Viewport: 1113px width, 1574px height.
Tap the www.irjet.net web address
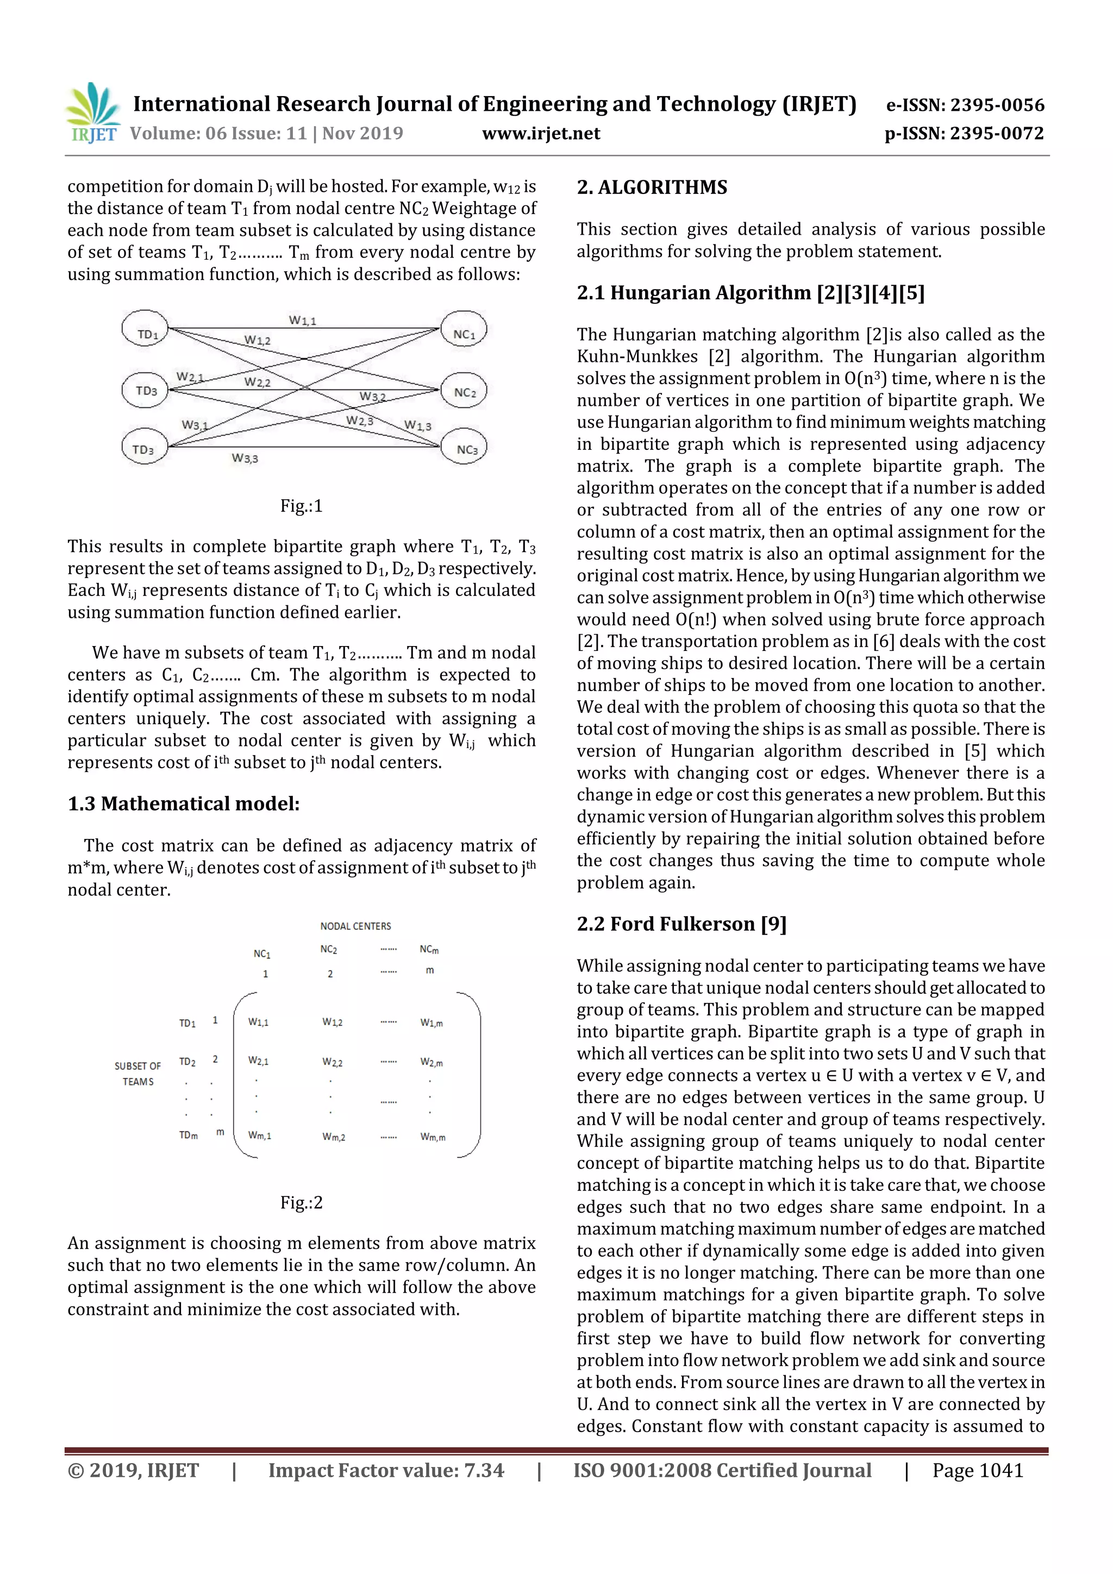click(541, 134)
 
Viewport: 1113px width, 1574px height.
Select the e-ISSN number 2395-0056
click(965, 105)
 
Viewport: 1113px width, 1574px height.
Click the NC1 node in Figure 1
click(464, 333)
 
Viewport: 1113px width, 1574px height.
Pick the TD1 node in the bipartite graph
click(146, 333)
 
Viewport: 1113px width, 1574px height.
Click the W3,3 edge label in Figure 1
click(244, 458)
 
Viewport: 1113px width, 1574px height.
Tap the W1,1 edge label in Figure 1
click(302, 320)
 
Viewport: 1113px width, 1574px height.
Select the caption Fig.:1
click(301, 506)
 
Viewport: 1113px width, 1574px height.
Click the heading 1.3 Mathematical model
click(184, 804)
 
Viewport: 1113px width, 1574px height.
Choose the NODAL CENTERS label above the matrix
click(355, 926)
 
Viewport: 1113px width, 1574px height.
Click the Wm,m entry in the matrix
click(432, 1137)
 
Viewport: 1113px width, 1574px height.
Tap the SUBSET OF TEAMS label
click(138, 1074)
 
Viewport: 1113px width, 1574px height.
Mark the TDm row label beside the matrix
click(189, 1135)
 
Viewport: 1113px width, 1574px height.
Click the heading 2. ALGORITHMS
click(652, 187)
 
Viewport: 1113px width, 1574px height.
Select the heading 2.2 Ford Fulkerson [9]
click(681, 924)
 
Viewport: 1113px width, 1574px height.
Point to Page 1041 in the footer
click(977, 1470)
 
